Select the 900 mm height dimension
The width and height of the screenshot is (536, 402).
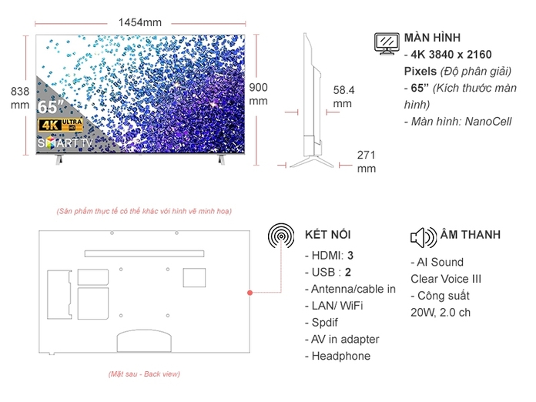click(259, 94)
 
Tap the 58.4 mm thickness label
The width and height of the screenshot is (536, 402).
click(343, 96)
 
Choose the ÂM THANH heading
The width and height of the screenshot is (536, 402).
click(470, 234)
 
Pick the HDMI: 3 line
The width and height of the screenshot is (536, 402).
click(330, 255)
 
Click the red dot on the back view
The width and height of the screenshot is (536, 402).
click(250, 293)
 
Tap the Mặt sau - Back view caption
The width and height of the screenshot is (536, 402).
click(144, 374)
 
